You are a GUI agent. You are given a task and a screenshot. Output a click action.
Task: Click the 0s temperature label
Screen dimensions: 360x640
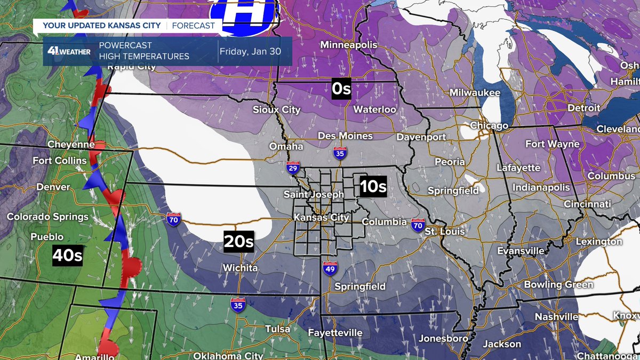click(x=341, y=89)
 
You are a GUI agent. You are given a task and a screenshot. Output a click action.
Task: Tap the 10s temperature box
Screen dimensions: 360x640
click(x=373, y=187)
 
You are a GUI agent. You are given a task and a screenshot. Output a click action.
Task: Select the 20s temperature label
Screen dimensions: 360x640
click(x=238, y=242)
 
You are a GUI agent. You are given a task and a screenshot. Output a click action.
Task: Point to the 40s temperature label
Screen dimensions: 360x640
click(x=67, y=256)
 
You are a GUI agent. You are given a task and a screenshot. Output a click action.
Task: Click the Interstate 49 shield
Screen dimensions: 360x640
click(x=330, y=269)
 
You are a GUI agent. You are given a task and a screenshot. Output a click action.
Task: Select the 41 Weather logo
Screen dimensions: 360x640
click(x=69, y=52)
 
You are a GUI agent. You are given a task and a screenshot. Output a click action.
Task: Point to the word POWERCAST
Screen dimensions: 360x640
click(x=125, y=46)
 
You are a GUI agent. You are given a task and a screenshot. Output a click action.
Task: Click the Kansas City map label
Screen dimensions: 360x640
click(x=322, y=218)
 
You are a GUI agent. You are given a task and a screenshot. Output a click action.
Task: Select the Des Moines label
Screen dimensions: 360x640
click(x=345, y=136)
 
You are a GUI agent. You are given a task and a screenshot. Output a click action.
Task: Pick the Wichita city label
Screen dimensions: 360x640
click(x=241, y=268)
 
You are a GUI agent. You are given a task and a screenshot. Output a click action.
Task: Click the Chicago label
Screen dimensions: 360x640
click(x=489, y=126)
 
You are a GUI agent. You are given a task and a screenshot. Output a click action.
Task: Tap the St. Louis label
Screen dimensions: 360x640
click(x=445, y=231)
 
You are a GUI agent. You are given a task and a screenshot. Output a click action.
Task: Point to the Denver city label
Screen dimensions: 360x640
click(x=53, y=187)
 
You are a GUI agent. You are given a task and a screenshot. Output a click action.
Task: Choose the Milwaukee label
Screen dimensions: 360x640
click(x=475, y=93)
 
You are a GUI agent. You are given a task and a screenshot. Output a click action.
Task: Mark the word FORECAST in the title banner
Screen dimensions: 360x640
click(x=194, y=26)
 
